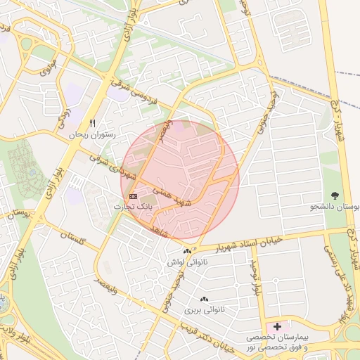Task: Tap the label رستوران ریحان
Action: coord(91,132)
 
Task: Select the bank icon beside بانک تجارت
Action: coord(133,196)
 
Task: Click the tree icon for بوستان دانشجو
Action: coord(334,196)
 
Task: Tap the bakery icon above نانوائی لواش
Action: coord(186,251)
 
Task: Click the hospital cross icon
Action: coord(277,326)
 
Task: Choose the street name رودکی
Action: coord(65,111)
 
